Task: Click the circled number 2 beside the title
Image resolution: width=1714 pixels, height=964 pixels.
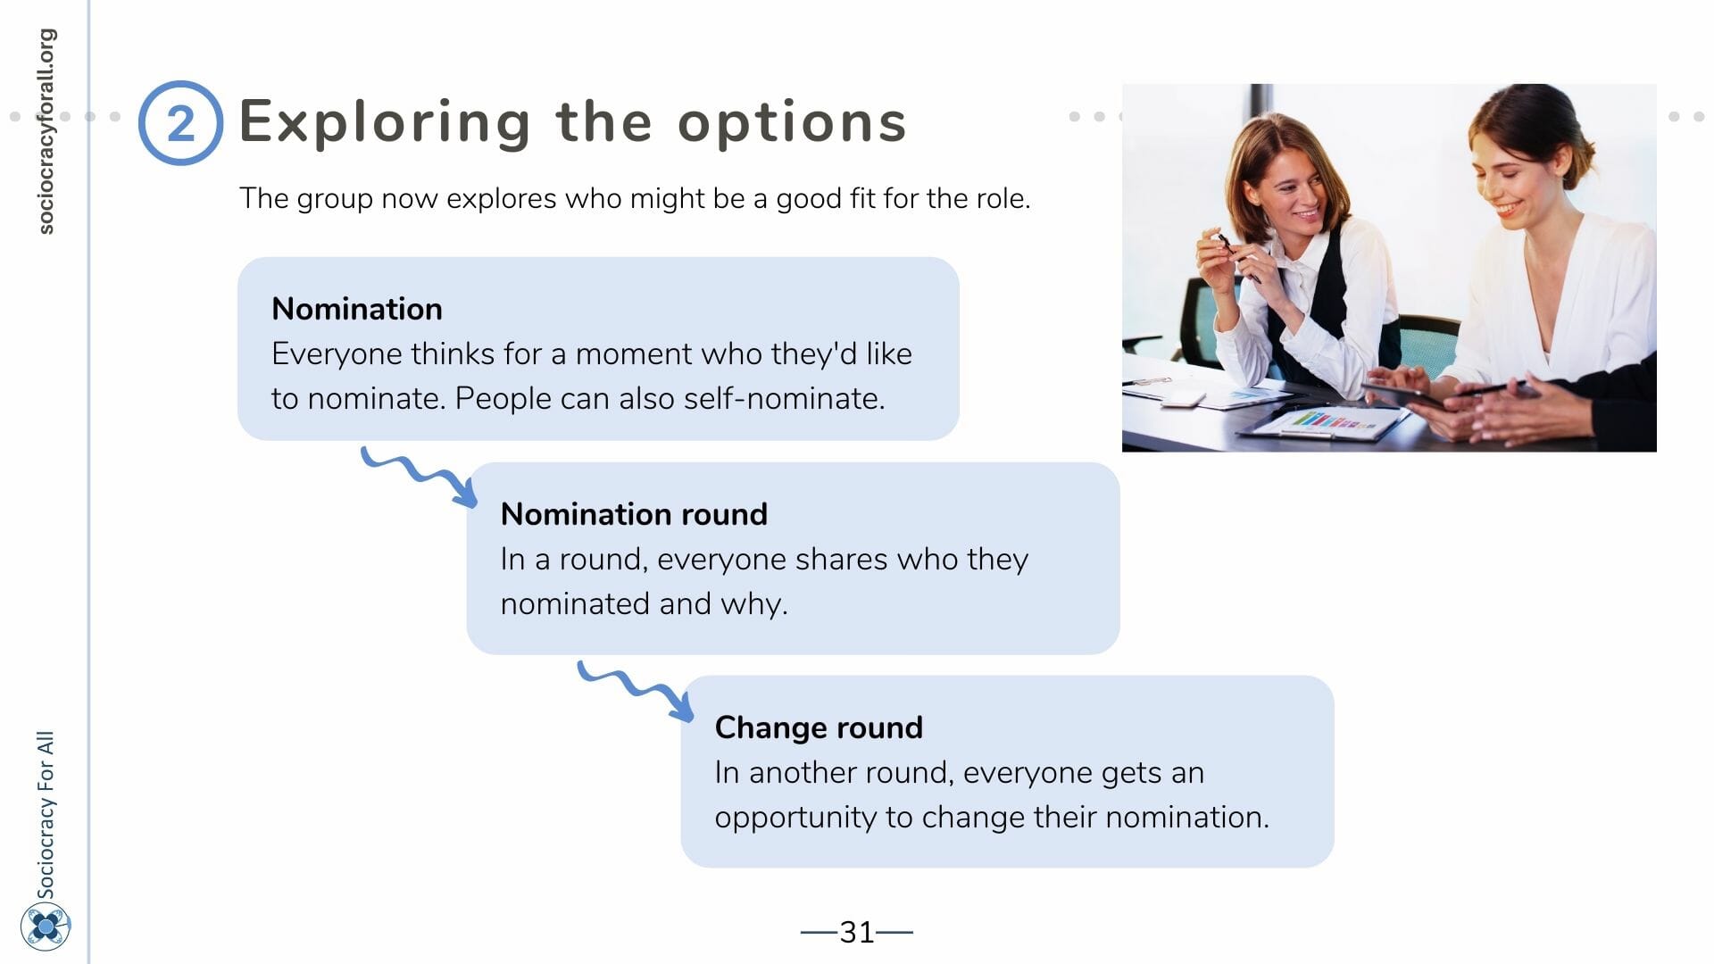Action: [180, 123]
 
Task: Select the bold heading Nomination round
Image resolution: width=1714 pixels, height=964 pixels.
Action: [634, 514]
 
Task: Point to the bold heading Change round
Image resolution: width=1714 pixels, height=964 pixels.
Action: [819, 727]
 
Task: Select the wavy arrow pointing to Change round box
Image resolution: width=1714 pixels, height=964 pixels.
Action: [636, 689]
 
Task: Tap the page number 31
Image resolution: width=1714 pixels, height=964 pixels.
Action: [857, 932]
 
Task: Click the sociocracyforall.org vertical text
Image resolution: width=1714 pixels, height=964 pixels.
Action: [46, 131]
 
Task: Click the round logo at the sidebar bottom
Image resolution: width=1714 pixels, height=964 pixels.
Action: [46, 927]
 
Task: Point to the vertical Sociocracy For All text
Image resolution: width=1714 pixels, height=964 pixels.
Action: [46, 814]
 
